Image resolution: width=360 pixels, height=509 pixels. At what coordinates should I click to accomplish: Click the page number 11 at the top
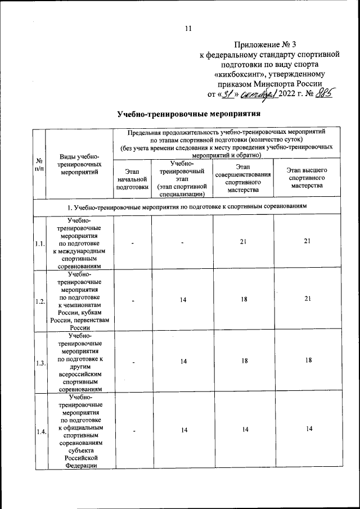click(x=188, y=29)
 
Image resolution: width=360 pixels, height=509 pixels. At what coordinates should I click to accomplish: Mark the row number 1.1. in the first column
click(x=39, y=244)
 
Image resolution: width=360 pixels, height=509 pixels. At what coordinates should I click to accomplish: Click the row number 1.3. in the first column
click(x=39, y=363)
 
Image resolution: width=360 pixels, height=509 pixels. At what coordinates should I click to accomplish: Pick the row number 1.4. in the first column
click(x=39, y=431)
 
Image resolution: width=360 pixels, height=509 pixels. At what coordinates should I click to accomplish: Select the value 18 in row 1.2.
click(x=244, y=299)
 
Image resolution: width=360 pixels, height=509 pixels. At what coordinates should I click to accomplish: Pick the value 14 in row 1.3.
click(x=183, y=362)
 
